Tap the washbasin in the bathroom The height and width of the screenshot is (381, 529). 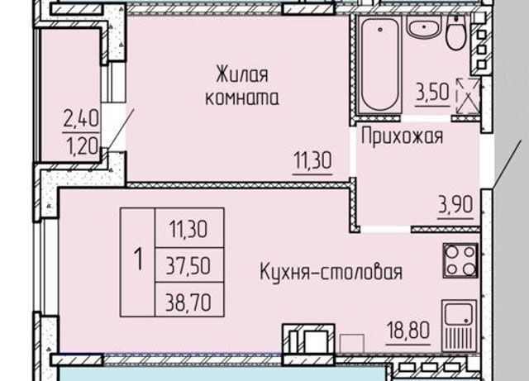[x=425, y=31]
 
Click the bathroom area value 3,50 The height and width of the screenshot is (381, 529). [x=433, y=92]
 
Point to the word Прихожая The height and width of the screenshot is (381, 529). [x=403, y=136]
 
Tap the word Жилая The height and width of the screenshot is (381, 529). [x=242, y=75]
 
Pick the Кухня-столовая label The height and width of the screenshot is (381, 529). [x=331, y=271]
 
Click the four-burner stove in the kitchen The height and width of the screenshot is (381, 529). [x=460, y=260]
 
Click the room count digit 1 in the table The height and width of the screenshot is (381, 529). [x=138, y=260]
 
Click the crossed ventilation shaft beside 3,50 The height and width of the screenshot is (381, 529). [x=467, y=92]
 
